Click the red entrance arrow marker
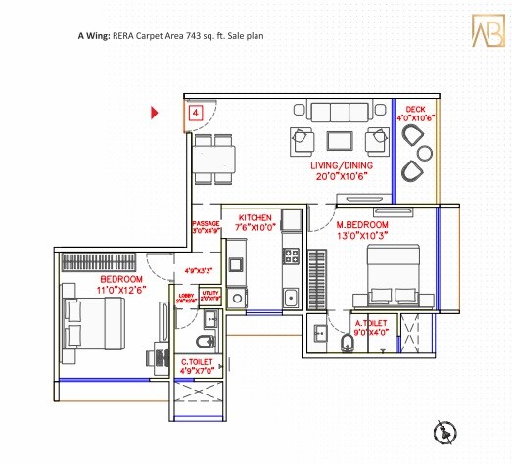point(154,114)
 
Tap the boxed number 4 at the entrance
point(196,114)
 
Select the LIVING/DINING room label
point(338,167)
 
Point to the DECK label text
point(416,110)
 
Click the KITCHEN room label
point(254,216)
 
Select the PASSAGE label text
point(205,224)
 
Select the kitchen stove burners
point(291,257)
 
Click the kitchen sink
point(290,298)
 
